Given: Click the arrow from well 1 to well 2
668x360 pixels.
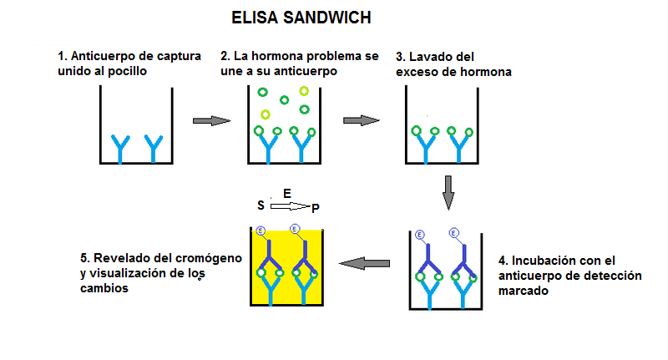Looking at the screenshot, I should pos(211,120).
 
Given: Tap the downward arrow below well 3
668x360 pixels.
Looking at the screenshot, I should pos(448,193).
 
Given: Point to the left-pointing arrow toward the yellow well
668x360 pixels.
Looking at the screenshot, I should pos(367,264).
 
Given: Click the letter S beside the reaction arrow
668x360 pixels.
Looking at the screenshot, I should pos(261,205).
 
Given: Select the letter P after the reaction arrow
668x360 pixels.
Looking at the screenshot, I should pos(315,207).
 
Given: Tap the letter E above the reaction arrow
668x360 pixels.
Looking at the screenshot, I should pos(287,193).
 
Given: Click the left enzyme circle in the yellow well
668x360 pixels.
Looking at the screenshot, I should pos(261,231).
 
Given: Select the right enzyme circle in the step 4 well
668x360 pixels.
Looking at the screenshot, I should pos(453,232).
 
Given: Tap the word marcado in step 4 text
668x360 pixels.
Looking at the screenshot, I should pos(523,292).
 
